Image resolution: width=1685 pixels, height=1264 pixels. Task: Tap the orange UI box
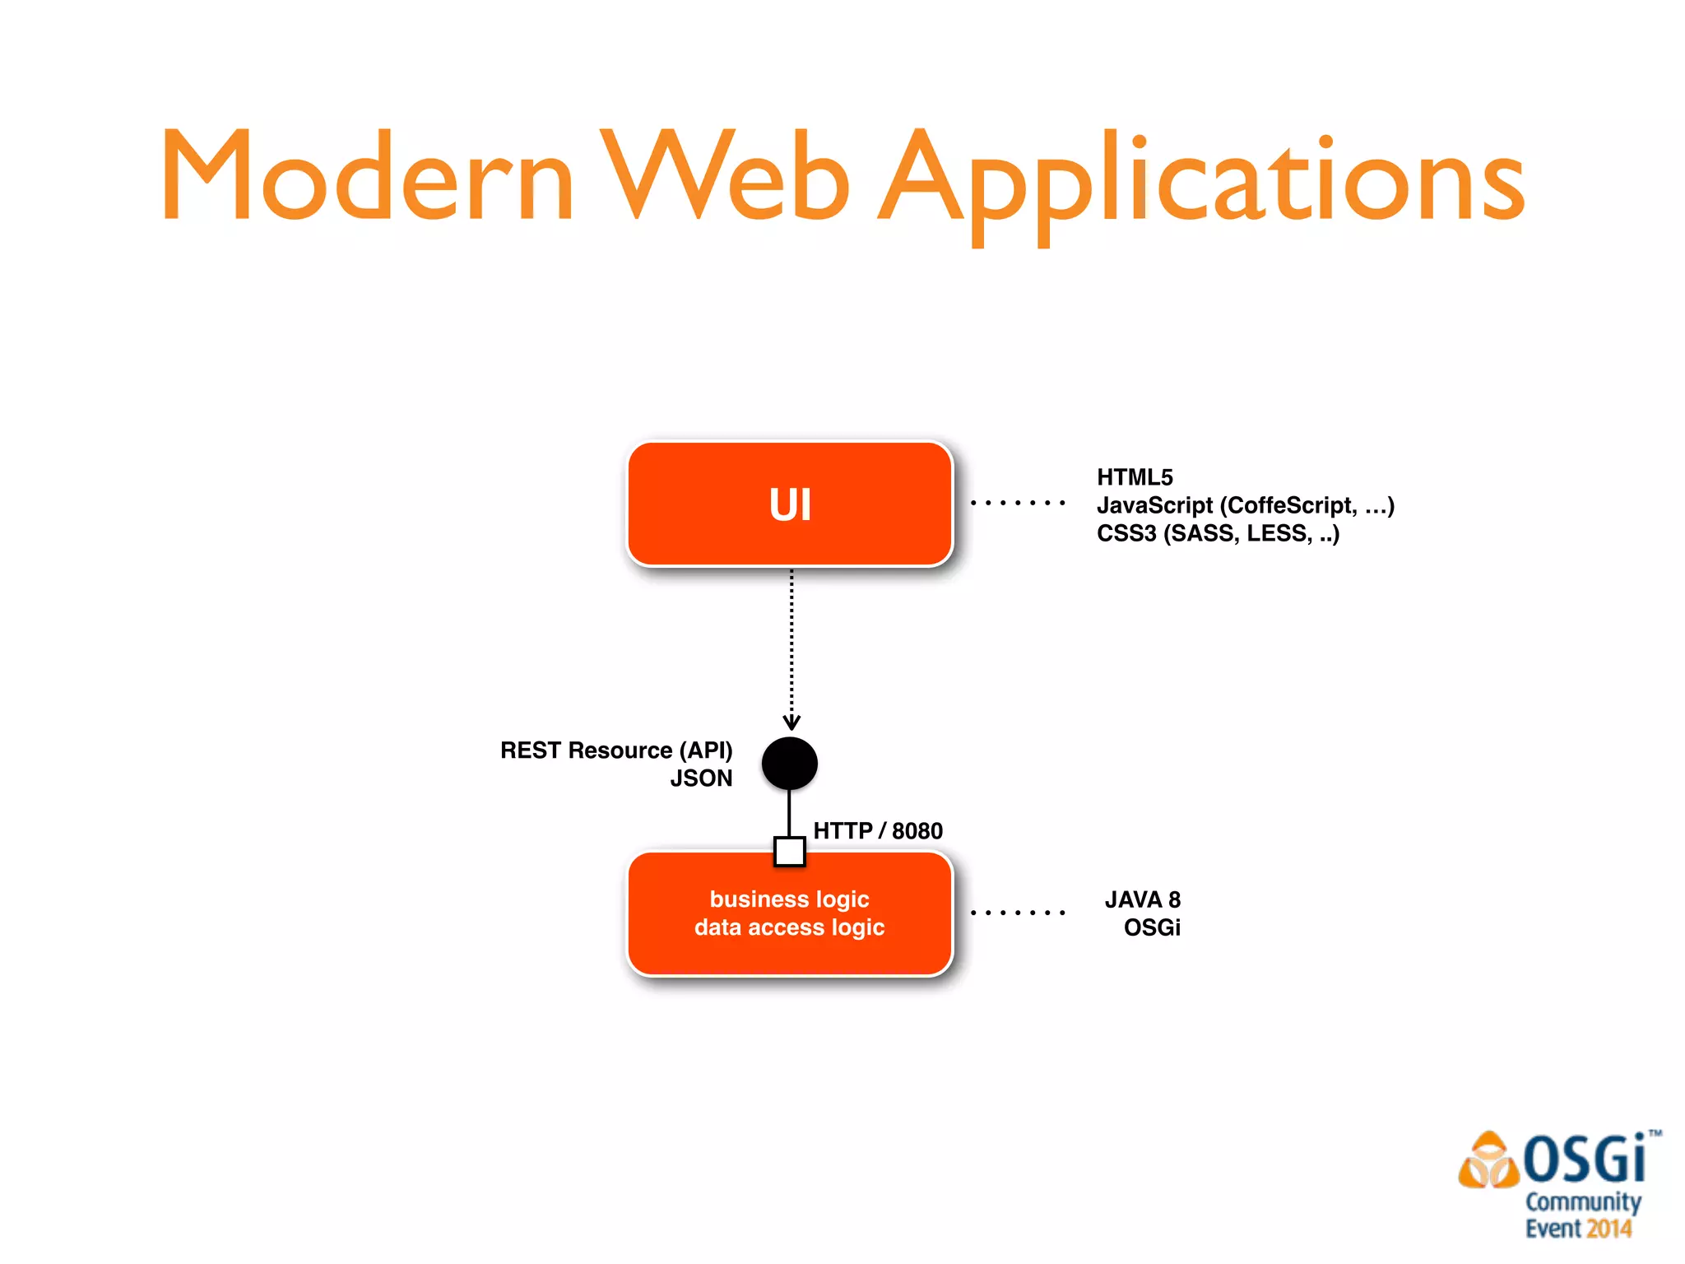(790, 504)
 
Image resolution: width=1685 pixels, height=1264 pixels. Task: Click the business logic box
(790, 913)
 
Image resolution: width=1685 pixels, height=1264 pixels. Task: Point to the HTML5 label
(1135, 477)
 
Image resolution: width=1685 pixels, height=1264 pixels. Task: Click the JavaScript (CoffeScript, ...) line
(1245, 505)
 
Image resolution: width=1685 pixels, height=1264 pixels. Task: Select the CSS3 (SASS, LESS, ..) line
(1218, 533)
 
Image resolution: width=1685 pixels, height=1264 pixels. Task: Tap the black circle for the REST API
(790, 763)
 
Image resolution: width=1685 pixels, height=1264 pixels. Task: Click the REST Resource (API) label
(616, 750)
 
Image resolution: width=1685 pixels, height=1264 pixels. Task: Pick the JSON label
(701, 778)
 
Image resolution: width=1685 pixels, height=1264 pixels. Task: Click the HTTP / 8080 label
(878, 831)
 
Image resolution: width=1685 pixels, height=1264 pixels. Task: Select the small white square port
(790, 852)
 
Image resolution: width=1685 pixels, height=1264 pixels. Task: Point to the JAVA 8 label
(1142, 899)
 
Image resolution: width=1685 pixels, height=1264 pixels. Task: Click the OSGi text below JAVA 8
(1152, 928)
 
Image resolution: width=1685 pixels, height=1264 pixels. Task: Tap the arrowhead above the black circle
(791, 723)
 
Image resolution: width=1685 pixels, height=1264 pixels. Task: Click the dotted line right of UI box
(1018, 502)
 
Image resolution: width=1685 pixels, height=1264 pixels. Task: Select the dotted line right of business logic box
(1018, 913)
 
